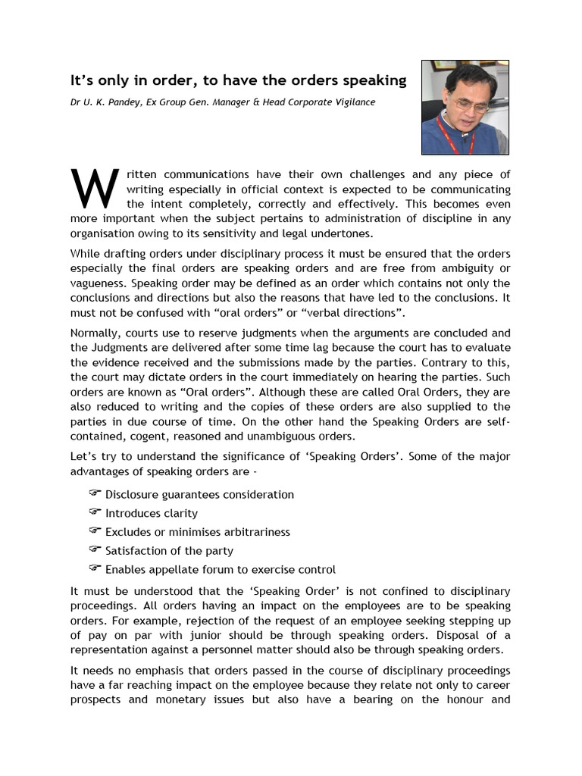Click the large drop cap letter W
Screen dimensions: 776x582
(94, 189)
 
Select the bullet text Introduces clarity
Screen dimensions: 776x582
(152, 513)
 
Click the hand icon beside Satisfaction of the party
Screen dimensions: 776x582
(95, 549)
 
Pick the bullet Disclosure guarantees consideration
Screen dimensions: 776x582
(199, 494)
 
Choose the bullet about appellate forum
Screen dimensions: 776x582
(220, 569)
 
